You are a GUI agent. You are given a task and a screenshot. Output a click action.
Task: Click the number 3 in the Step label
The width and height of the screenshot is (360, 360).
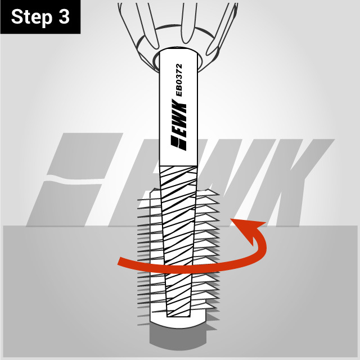coord(63,17)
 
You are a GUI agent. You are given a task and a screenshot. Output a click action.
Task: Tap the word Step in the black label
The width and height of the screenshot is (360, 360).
coord(31,17)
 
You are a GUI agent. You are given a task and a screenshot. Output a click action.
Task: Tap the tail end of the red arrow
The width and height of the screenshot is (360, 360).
coord(121,261)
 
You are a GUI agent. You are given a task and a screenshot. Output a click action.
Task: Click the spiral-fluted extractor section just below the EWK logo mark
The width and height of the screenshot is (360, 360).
coord(179,180)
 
